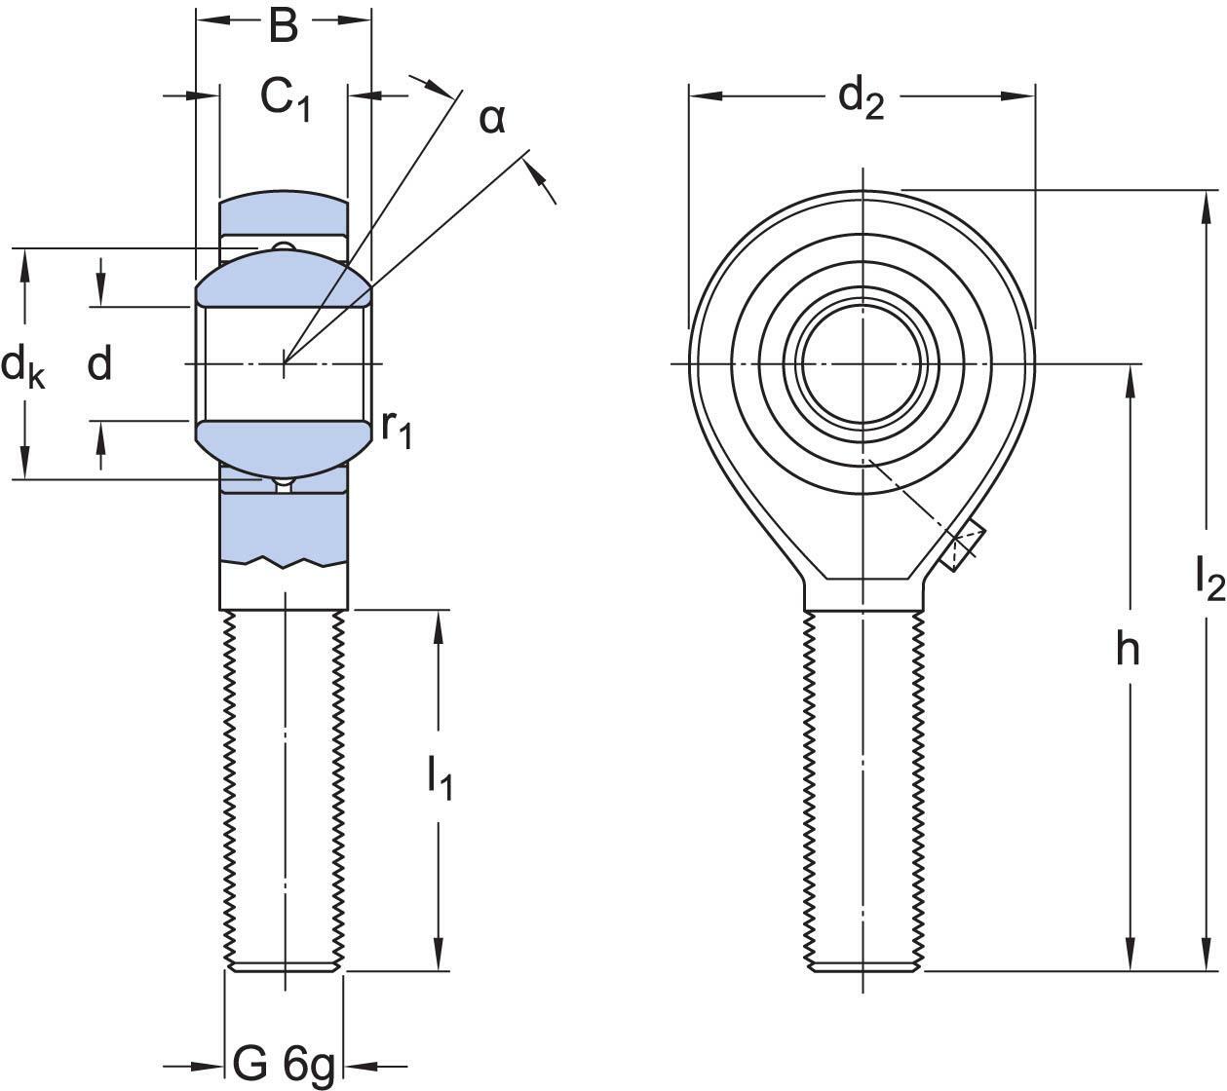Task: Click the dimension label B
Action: tap(283, 26)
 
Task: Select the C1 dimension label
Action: tap(284, 97)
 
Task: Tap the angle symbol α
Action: tap(492, 119)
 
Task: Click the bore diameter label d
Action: tap(99, 364)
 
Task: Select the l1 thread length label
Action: tap(440, 778)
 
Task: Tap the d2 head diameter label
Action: tap(862, 97)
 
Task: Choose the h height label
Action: tap(1128, 649)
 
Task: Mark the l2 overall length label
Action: tap(1208, 579)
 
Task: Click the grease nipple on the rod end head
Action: tap(963, 545)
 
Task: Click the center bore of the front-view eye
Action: tap(861, 364)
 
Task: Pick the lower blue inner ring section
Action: tap(284, 445)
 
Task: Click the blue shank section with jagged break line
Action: tap(283, 526)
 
